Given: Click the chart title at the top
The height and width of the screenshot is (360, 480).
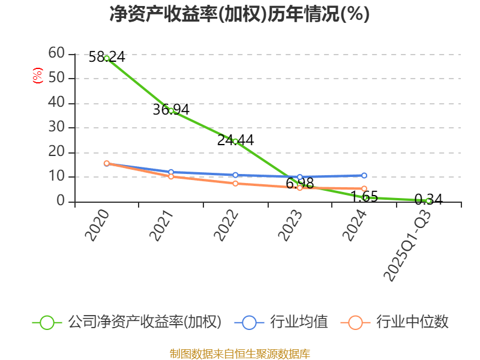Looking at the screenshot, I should point(239,14).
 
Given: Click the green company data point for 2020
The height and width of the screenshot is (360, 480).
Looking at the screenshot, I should point(107,58).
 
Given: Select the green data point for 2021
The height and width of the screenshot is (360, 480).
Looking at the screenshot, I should point(171,110).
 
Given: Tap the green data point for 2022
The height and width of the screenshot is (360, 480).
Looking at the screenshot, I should point(235,141).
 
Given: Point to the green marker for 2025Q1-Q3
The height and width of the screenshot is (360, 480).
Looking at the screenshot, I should point(428,200).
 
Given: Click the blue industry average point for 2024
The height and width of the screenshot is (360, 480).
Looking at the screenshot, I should point(364,175).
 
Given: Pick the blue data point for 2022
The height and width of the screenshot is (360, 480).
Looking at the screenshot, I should point(235,175).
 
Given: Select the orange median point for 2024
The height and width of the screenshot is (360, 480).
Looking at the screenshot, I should point(364,188).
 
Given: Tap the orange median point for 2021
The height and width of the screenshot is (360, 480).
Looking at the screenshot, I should point(171,176).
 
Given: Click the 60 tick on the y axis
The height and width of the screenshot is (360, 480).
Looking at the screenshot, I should point(56,53).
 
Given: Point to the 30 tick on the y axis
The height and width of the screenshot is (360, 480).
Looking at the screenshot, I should point(56,127).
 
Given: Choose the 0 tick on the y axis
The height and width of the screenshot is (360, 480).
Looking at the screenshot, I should point(61,201).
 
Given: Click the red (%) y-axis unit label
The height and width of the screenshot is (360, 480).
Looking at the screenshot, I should point(37,76).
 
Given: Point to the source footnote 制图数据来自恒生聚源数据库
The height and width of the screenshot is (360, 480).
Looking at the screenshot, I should point(239,353).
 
